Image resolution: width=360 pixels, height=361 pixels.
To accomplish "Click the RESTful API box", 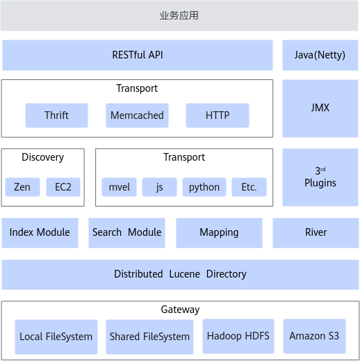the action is (x=138, y=55).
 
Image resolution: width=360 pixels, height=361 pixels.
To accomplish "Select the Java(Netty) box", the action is (x=320, y=55).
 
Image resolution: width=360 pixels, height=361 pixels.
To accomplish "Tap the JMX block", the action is (x=320, y=109).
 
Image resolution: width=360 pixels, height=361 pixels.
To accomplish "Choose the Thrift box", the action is (x=56, y=115).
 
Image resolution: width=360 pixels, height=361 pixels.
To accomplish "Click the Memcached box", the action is (x=137, y=115).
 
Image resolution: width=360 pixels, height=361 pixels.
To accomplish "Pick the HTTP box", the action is (x=218, y=115).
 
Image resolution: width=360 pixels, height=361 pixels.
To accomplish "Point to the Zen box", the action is (x=22, y=187).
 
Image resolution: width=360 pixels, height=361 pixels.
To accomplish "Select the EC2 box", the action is (x=63, y=187).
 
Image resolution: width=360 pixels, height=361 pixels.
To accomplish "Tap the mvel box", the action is (x=119, y=187).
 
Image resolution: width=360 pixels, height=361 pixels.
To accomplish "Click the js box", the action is (x=159, y=187).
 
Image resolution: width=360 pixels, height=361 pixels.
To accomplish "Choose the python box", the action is (x=204, y=187).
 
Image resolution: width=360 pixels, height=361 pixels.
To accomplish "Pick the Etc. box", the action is (x=249, y=187).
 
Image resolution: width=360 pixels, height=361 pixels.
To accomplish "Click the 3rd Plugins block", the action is (x=320, y=177).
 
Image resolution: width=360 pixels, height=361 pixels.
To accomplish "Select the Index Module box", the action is (x=40, y=233).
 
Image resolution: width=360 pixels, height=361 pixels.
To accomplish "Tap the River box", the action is (x=316, y=233).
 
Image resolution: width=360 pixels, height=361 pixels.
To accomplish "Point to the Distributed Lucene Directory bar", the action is (x=180, y=275).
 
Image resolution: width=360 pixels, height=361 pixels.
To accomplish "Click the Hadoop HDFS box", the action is (x=238, y=336).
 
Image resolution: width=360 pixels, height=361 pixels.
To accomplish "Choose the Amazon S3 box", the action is (x=314, y=336).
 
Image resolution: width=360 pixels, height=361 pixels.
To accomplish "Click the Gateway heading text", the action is (x=180, y=310).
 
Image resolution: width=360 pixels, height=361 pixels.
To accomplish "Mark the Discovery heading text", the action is (x=42, y=157).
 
